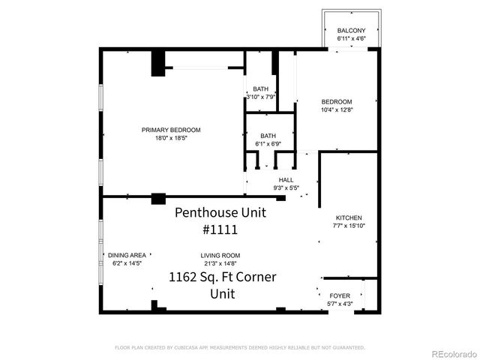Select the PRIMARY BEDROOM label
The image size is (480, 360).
(171, 130)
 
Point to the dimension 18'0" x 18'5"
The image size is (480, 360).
(171, 138)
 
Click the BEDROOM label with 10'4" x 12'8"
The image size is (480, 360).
(337, 102)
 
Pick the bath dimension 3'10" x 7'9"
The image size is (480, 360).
(261, 96)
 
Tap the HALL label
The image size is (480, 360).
(286, 180)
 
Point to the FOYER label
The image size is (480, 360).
(340, 295)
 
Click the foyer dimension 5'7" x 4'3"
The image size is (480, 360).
(340, 303)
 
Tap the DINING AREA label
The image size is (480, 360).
(125, 255)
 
